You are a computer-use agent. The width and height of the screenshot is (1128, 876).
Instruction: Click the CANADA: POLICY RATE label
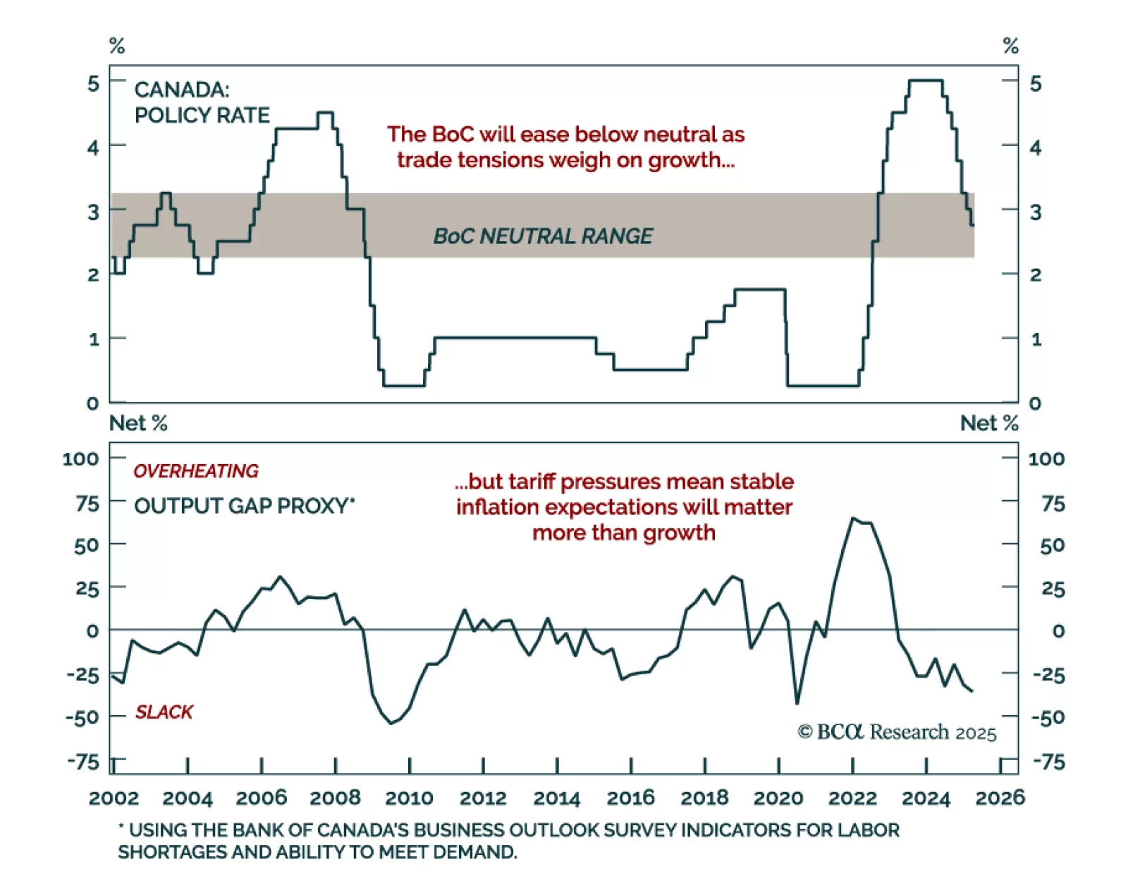(202, 102)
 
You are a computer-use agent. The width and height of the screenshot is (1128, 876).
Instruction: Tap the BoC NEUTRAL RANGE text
(543, 236)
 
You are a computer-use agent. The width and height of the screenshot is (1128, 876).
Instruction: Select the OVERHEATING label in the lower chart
(196, 471)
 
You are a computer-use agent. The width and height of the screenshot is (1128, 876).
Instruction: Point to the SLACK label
(164, 712)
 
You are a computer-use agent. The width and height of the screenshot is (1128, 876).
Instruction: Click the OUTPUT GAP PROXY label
(244, 506)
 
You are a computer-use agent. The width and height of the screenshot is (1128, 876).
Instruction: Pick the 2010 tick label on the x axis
(409, 798)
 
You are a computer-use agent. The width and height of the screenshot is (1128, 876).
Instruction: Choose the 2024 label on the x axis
(926, 798)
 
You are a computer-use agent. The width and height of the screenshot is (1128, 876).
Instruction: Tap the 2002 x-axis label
(114, 798)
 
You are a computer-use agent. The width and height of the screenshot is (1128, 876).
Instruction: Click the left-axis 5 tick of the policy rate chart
(93, 84)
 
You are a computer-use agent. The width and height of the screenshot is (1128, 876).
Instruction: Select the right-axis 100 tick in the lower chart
(1046, 459)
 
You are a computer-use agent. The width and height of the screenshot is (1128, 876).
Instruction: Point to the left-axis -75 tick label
(83, 762)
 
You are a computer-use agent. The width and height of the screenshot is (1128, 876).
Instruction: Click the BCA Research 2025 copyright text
(897, 732)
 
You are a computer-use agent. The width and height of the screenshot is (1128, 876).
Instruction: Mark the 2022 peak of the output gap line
(853, 518)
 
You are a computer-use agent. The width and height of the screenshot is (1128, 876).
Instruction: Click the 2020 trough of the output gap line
(797, 703)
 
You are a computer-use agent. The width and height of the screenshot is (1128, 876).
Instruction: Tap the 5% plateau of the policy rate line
(926, 80)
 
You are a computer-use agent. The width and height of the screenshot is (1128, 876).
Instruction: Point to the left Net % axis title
(138, 423)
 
